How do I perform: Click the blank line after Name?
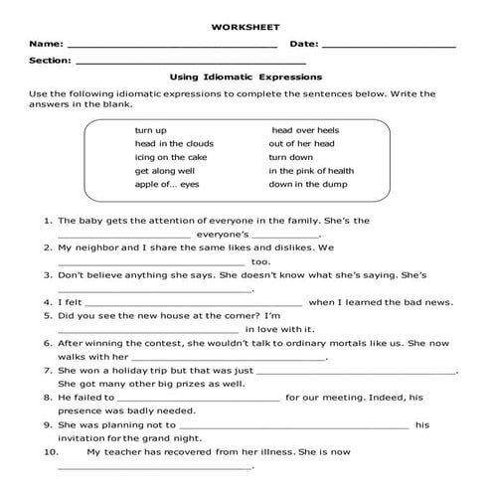tap(172, 47)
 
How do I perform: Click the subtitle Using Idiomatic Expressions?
tap(246, 77)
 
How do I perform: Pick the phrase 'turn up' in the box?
tap(151, 130)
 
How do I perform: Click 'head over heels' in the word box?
tap(305, 130)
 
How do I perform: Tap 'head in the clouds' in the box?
tap(174, 144)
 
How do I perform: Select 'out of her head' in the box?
tap(303, 144)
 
